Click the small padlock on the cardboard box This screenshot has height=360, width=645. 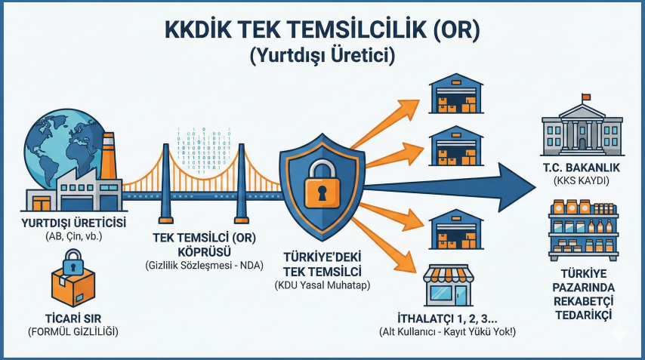point(73,261)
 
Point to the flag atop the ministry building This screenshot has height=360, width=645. point(586,97)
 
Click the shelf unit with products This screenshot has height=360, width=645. point(583,230)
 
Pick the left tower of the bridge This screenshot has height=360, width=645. point(165,183)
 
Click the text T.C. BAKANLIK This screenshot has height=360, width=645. point(582,168)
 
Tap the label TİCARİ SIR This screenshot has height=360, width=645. point(73,318)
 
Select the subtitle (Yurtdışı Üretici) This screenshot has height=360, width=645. point(322,56)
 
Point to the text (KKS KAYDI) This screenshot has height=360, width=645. point(582,180)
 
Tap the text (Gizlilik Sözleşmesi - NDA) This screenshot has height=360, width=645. point(204,266)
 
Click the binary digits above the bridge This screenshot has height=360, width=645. point(204,150)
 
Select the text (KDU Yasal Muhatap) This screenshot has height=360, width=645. point(322,285)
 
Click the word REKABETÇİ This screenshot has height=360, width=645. point(583,301)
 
